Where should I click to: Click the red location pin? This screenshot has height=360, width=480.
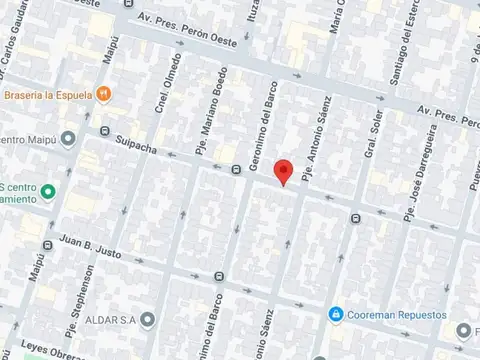pyautogui.click(x=284, y=172)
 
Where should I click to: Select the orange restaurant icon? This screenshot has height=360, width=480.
pyautogui.click(x=103, y=95)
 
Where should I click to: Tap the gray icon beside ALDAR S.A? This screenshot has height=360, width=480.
pyautogui.click(x=148, y=320)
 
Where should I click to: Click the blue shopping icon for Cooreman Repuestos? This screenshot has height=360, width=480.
pyautogui.click(x=338, y=314)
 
